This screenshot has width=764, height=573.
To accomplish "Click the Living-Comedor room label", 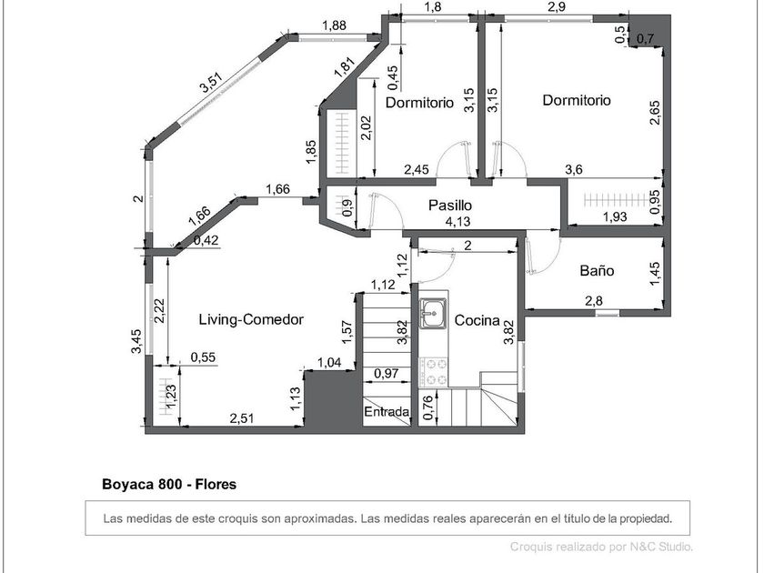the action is coord(251,319).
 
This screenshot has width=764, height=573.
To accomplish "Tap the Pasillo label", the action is coord(450,206).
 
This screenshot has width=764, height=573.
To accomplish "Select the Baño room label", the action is coord(597,270).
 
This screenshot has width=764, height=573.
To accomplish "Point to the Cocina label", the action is coord(477,320).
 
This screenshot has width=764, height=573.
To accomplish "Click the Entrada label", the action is coord(387,412).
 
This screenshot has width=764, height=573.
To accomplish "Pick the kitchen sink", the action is coord(433,313).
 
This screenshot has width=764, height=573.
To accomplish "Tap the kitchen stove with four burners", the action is coord(434,372).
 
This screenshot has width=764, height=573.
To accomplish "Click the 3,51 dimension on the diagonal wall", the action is coord(211,83).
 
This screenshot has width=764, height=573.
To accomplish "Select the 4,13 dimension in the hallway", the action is coord(458,222).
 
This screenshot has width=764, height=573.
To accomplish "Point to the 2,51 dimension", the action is coord(242,418).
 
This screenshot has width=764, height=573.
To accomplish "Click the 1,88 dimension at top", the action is coord(335,25).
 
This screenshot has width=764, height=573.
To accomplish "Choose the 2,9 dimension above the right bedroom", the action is coord(557,7).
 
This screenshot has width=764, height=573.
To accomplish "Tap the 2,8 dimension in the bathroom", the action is coord(593,301).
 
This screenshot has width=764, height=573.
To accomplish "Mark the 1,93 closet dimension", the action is coord(615,216).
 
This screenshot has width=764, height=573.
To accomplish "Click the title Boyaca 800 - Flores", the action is coord(169,484).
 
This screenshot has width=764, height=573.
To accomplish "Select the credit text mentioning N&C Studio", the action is coord(601,547).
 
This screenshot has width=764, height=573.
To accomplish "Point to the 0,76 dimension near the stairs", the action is coord(427,407).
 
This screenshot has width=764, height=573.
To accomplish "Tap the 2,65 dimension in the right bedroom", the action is coord(655,113).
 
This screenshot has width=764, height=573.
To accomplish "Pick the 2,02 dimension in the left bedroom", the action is coord(366,127).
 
